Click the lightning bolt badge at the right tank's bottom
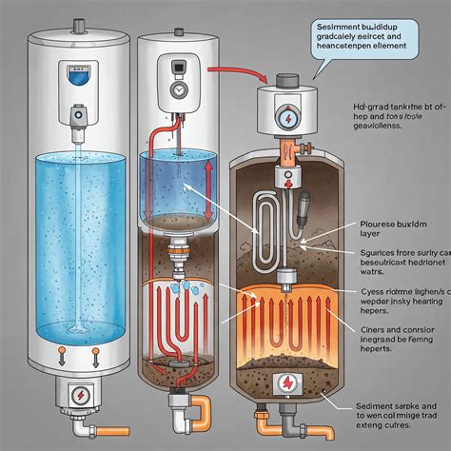click(285, 383)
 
